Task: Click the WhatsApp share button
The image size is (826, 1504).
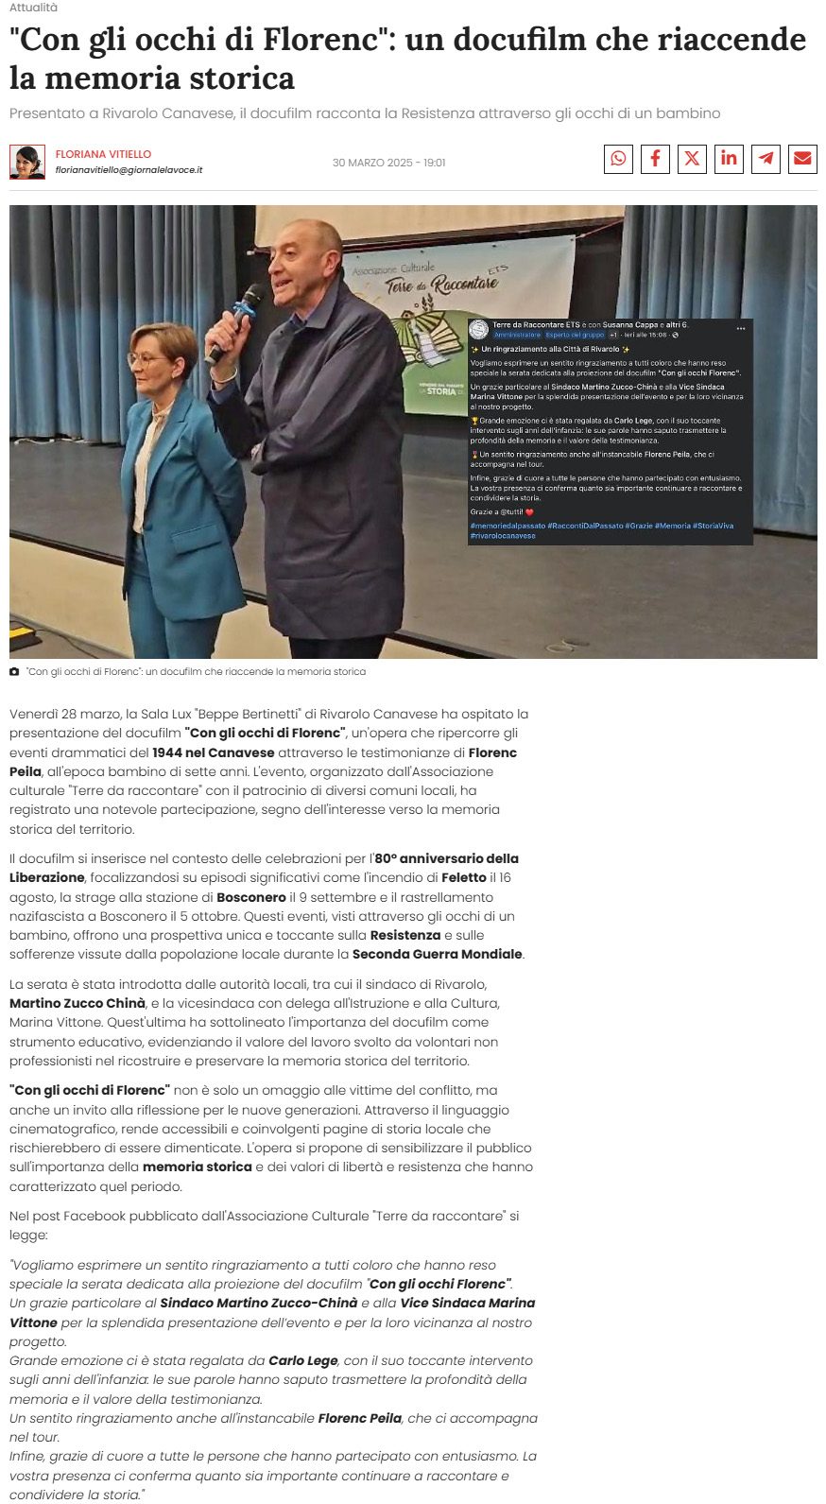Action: point(618,159)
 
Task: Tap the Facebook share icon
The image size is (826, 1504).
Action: point(655,159)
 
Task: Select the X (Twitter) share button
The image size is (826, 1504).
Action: point(692,159)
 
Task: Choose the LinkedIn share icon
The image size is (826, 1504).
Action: point(729,159)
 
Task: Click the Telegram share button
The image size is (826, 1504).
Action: point(766,159)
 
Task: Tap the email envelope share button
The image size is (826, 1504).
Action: point(802,159)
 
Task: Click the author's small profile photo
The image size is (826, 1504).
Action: point(27,162)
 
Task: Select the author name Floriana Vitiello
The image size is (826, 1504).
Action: point(103,154)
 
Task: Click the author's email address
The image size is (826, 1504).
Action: point(129,170)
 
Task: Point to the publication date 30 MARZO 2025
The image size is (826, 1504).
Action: point(388,163)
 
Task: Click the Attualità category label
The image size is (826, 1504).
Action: point(33,8)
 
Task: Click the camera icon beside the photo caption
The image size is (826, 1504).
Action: point(14,672)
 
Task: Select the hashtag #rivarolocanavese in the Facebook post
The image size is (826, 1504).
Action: point(503,536)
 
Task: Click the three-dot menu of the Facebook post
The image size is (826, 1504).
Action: point(741,329)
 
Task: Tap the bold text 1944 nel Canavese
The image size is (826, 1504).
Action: point(214,752)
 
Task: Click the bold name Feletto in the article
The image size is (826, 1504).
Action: point(463,877)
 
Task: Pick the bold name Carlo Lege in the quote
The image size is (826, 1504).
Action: point(302,1360)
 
